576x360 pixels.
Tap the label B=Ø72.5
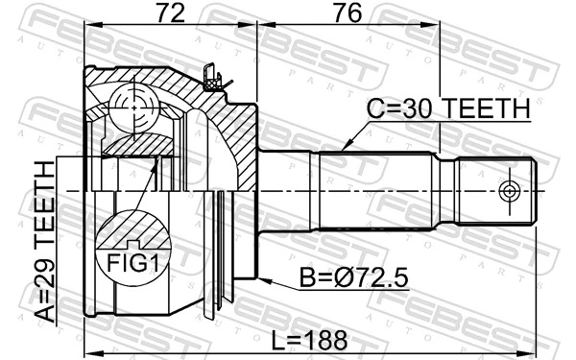point(354,278)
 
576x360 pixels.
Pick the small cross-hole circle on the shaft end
point(510,189)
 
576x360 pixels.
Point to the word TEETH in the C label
point(488,111)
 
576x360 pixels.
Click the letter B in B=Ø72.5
point(307,278)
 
